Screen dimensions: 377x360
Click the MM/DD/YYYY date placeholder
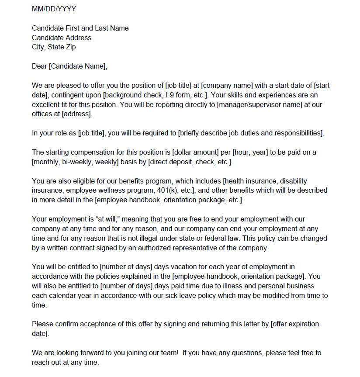point(54,9)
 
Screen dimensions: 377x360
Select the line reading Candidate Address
point(62,38)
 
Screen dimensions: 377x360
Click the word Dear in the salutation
point(39,66)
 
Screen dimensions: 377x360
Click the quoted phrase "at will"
point(95,219)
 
